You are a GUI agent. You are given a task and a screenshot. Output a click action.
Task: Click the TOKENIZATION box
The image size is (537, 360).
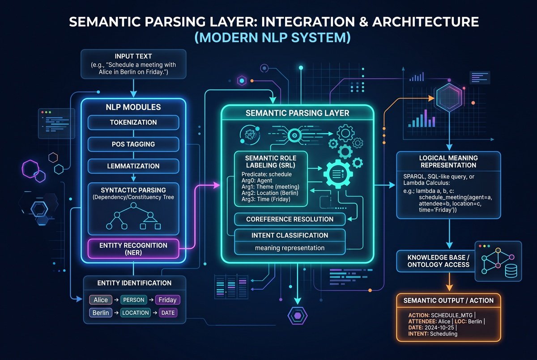point(133,123)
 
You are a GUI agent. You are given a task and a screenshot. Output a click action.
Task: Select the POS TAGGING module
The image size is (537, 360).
point(133,144)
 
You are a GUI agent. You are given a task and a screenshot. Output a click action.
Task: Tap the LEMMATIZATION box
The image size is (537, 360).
point(133,166)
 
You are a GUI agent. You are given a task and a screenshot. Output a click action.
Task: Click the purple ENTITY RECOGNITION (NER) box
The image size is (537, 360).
point(133,249)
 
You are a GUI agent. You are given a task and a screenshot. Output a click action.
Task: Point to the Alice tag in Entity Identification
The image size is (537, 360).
point(101,300)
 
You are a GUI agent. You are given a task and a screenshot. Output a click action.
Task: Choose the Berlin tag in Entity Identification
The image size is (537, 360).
point(101,313)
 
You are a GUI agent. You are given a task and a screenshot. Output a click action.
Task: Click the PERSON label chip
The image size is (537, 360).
point(133,300)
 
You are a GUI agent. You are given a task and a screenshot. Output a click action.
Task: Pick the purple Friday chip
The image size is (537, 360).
point(167,300)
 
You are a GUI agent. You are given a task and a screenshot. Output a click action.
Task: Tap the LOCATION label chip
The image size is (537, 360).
point(136,313)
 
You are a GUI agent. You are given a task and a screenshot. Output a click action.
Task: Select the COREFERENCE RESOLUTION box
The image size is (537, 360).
point(290,219)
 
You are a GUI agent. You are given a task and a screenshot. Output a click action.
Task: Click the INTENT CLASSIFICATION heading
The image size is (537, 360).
point(290,235)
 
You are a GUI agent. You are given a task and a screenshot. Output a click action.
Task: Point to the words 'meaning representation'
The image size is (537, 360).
point(290,248)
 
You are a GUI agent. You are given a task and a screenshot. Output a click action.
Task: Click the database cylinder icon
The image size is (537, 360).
point(511,271)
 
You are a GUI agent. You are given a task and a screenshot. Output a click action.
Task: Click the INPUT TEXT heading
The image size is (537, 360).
point(133,56)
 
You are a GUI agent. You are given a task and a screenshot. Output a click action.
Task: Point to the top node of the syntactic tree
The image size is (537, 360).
point(133,205)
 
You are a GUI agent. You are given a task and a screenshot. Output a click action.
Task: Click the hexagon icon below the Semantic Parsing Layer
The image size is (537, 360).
point(298,316)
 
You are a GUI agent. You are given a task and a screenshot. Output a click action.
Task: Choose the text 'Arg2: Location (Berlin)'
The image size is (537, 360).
point(270,193)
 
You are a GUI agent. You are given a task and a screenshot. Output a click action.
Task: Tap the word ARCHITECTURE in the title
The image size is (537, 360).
point(426,22)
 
